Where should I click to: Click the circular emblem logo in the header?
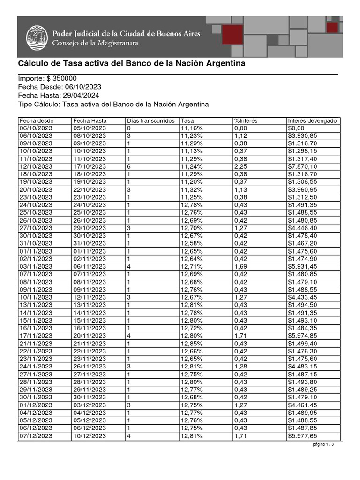pyautogui.click(x=36, y=37)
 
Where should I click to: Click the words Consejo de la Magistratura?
pyautogui.click(x=95, y=43)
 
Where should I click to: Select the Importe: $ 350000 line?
pyautogui.click(x=47, y=79)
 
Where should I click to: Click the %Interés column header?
pyautogui.click(x=246, y=121)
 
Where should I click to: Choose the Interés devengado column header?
pyautogui.click(x=312, y=121)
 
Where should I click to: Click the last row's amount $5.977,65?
pyautogui.click(x=303, y=436)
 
